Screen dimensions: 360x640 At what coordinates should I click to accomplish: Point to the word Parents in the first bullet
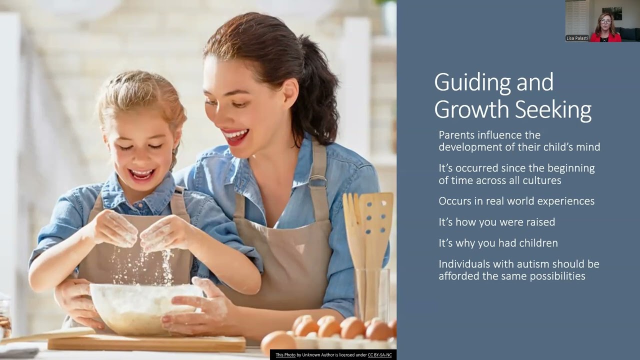point(456,135)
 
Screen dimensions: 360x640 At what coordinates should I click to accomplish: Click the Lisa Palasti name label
point(577,38)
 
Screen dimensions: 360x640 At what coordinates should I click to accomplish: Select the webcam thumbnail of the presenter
point(602,20)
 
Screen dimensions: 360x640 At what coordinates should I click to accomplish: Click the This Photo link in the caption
point(285,355)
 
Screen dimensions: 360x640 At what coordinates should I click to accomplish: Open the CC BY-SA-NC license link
point(380,355)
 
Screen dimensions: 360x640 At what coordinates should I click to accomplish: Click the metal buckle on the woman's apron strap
point(317,181)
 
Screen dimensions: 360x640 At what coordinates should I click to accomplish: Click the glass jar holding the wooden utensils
point(372,295)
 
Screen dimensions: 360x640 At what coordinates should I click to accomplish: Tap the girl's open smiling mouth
point(142,174)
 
